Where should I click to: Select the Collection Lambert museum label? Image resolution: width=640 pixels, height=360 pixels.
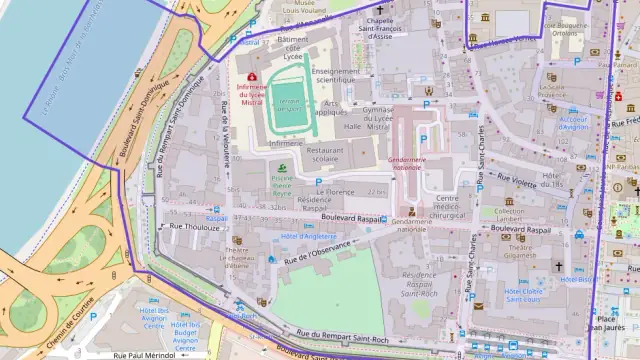click(509, 216)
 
